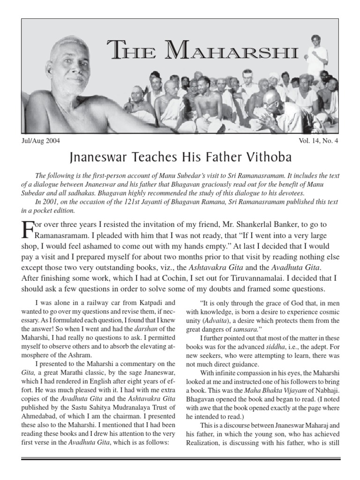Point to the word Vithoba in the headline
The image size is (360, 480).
[x=266, y=156]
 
